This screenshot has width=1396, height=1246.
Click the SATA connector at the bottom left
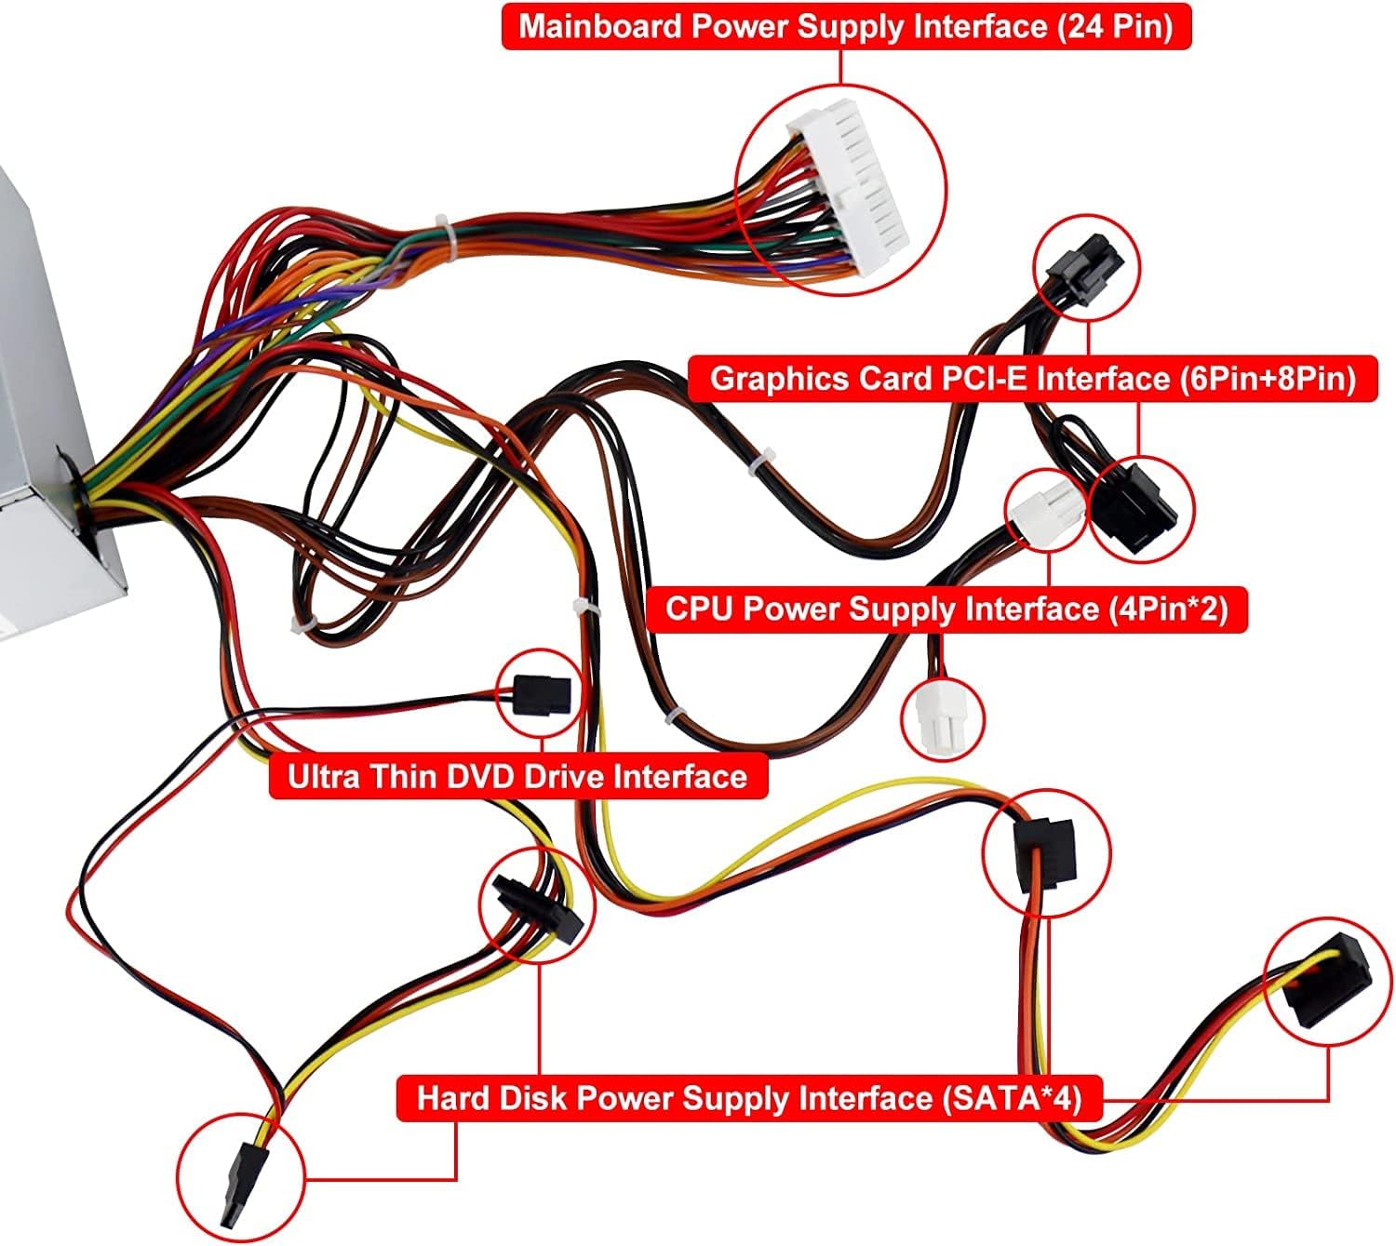[240, 1182]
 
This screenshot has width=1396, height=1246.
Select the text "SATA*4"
[1010, 1098]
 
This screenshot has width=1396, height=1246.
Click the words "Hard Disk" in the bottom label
[491, 1098]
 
